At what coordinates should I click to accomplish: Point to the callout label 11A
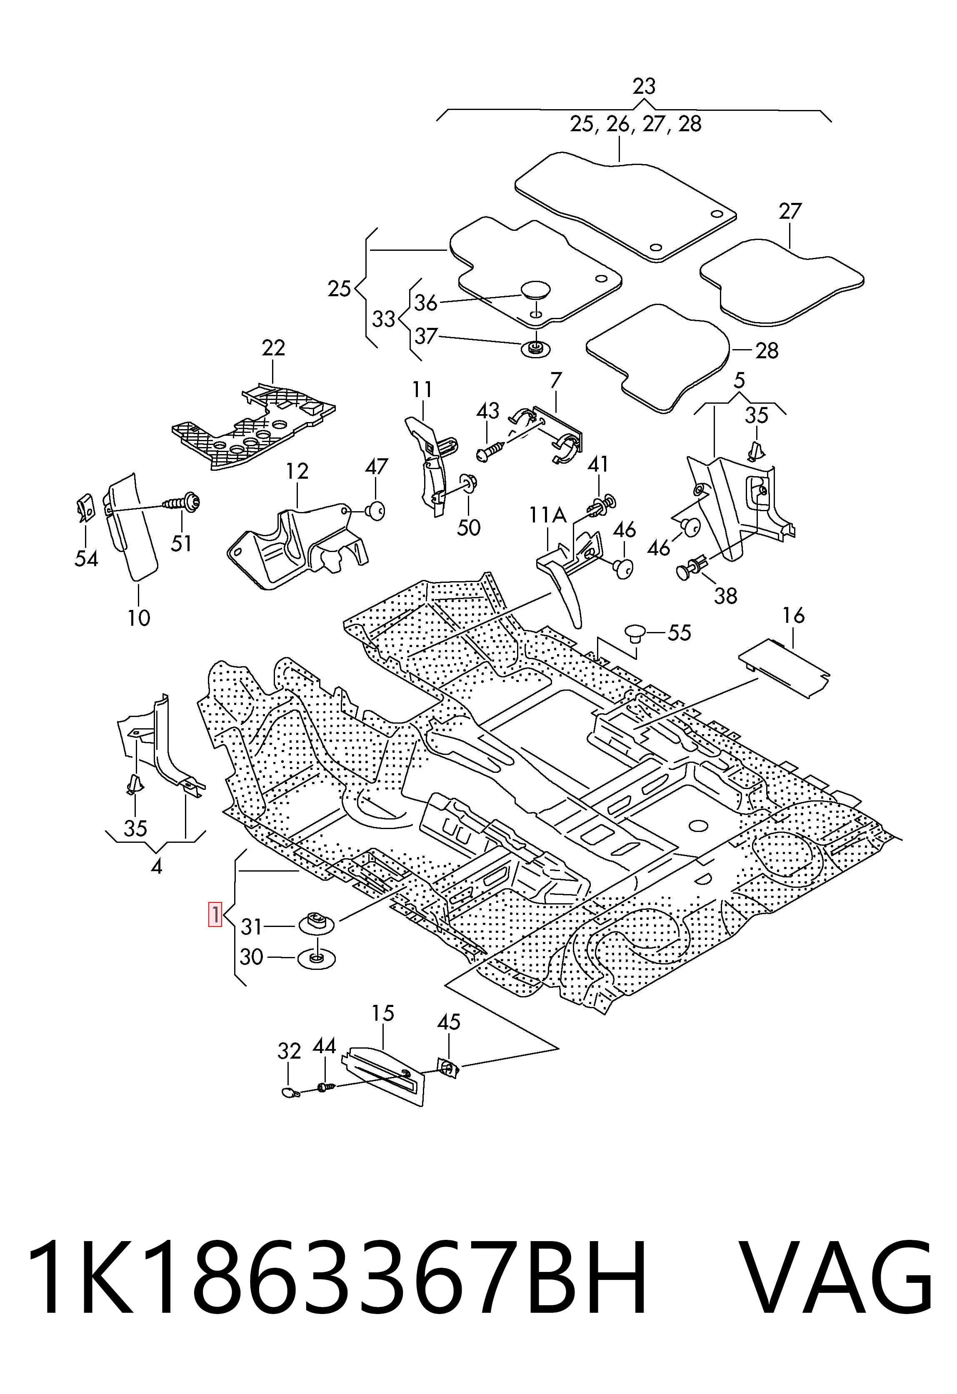[x=548, y=515]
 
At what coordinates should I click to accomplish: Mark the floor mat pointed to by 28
[x=657, y=357]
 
